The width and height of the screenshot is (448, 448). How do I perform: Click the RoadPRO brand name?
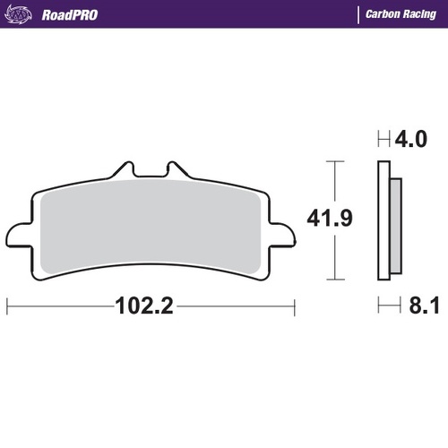pyautogui.click(x=69, y=14)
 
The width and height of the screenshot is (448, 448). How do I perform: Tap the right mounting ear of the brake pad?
pyautogui.click(x=282, y=234)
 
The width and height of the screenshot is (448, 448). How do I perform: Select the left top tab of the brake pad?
pyautogui.click(x=125, y=170)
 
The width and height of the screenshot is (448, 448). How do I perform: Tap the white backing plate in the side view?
pyautogui.click(x=383, y=224)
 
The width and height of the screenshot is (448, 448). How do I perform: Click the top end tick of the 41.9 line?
pyautogui.click(x=334, y=162)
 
